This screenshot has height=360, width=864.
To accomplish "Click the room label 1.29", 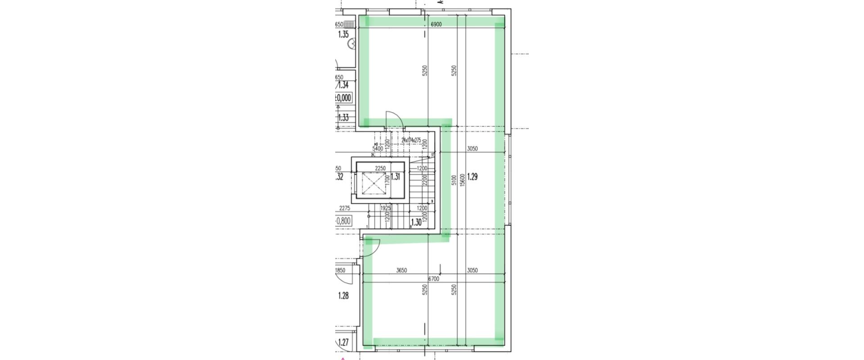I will point(472,177).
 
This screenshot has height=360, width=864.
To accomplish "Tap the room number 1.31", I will point(395,177).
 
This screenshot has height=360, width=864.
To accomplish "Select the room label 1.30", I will point(416,222).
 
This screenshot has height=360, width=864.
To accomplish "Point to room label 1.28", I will point(343,296).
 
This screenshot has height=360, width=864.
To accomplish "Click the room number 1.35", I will point(343,34).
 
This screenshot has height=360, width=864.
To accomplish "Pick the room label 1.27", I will point(343,342).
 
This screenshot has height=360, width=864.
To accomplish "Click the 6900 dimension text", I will point(436,25).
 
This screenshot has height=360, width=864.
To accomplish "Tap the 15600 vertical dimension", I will point(461,180).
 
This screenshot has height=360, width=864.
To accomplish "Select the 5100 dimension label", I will point(454,180).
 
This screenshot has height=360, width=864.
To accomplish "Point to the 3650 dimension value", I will point(401,270).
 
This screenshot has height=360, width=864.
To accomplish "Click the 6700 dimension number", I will point(433,279).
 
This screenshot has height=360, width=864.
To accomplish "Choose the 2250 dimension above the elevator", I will point(380,169).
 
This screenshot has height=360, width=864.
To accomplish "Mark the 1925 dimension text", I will point(385,208).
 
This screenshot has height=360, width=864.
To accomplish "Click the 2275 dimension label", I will point(345,208).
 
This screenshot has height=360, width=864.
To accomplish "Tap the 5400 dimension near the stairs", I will point(378,148).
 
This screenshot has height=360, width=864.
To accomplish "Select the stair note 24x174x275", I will point(411,140).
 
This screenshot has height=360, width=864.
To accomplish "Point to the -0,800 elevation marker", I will point(344,221).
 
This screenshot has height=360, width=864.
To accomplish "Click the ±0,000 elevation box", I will point(343,98).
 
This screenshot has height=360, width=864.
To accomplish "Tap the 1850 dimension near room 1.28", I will point(341,270).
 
